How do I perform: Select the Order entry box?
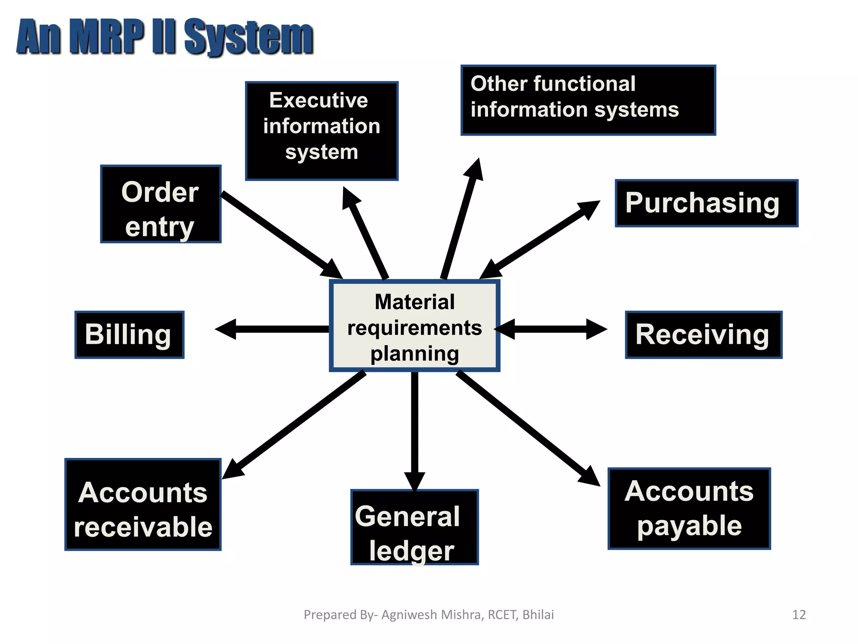pos(161,204)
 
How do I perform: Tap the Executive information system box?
pos(321,131)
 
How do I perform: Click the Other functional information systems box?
pos(588,100)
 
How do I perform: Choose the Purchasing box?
pos(706,203)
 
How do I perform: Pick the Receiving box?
pos(703,335)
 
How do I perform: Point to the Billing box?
pos(129,335)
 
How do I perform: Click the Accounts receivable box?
pos(143,504)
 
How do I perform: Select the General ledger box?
pos(414,527)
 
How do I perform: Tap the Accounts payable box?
pos(689,508)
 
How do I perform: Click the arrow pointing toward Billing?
pos(272,329)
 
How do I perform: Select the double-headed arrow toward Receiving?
pos(551,329)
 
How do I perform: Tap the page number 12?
pos(799,615)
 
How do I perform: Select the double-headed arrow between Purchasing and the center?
pos(540,240)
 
